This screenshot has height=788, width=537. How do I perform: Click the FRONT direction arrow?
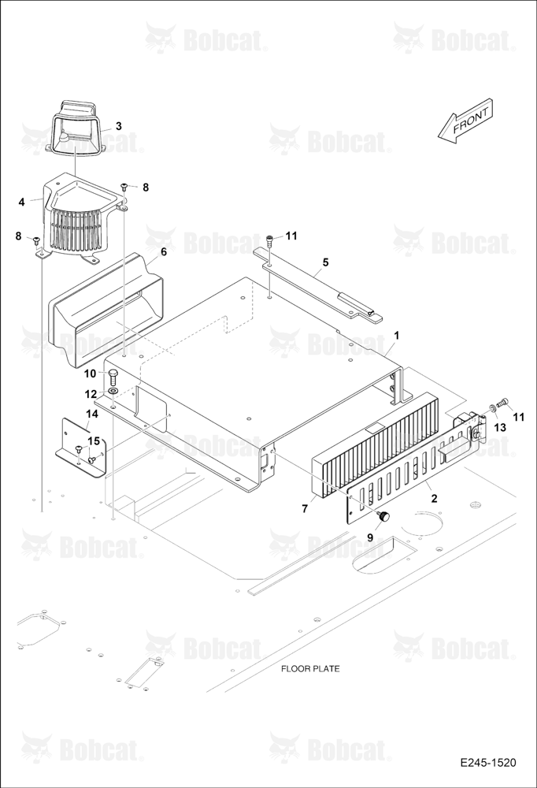[465, 121]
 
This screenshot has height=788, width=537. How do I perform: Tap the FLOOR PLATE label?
[310, 668]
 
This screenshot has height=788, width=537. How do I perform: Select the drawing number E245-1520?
[487, 763]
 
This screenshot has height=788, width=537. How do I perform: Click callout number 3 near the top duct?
[119, 125]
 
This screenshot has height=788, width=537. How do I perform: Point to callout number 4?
[21, 202]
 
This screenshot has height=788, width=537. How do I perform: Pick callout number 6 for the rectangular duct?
[164, 252]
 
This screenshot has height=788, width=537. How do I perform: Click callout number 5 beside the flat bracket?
[325, 262]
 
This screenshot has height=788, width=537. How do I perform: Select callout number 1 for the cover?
[396, 336]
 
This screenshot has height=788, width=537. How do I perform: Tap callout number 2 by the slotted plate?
[434, 498]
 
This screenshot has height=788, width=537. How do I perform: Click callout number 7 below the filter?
[305, 509]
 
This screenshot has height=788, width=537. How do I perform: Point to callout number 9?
[370, 537]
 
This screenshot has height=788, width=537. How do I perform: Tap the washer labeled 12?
[113, 391]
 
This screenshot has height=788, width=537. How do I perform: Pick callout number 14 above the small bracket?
[92, 414]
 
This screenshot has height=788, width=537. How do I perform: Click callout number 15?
[94, 440]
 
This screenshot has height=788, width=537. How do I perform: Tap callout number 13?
[500, 427]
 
